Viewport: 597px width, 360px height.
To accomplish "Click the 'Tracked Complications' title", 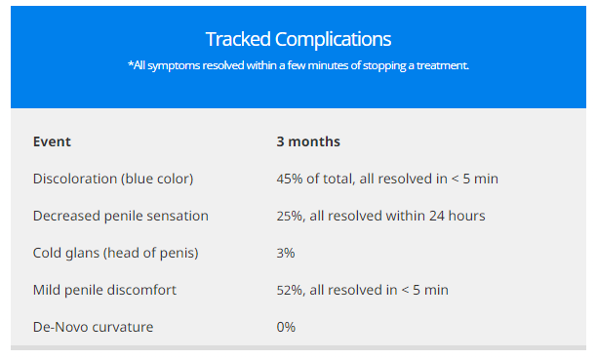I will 298,39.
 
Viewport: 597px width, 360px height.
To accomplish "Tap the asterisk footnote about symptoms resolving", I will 298,65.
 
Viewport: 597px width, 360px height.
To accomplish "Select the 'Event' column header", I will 52,141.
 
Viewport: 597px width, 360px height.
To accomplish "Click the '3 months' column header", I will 308,141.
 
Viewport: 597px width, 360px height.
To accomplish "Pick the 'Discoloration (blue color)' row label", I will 113,179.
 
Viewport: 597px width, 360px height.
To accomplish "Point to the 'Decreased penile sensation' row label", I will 121,216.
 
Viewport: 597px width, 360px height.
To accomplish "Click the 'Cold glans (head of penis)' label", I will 115,253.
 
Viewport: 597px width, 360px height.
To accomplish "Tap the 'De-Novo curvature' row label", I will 92,327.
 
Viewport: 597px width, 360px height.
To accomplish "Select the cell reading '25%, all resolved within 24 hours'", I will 380,216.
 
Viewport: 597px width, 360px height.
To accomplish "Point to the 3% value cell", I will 286,253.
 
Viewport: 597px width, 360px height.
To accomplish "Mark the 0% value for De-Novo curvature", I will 286,327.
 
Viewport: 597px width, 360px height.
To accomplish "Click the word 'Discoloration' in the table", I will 74,179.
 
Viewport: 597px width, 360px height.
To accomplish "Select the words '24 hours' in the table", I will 458,216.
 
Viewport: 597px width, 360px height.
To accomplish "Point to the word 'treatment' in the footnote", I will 440,65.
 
